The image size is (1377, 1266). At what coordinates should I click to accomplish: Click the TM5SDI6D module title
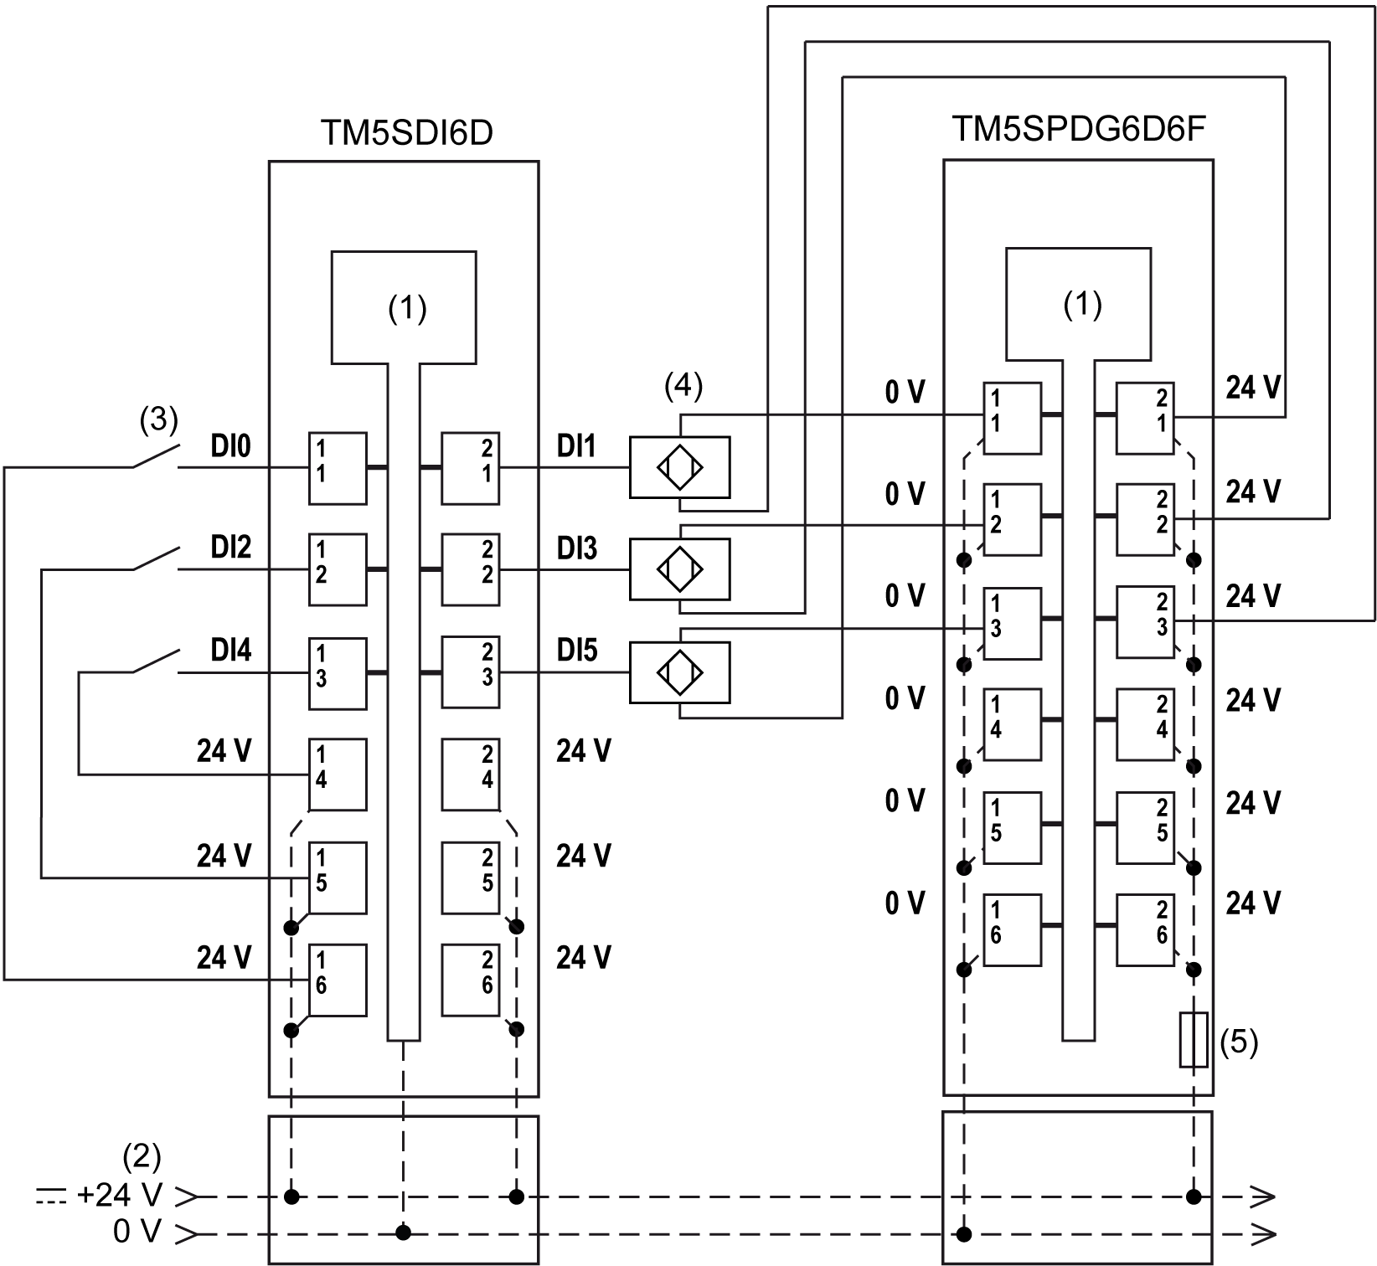pyautogui.click(x=406, y=133)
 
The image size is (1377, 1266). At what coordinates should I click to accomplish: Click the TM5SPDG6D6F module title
pyautogui.click(x=1080, y=130)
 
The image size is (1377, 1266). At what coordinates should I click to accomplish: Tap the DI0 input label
pyautogui.click(x=230, y=447)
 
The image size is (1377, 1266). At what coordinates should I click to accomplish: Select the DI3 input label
pyautogui.click(x=577, y=548)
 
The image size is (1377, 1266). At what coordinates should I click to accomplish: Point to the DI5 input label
pyautogui.click(x=577, y=651)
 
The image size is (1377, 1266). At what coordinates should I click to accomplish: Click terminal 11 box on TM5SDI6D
pyautogui.click(x=338, y=468)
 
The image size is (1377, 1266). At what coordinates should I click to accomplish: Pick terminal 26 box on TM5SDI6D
pyautogui.click(x=471, y=980)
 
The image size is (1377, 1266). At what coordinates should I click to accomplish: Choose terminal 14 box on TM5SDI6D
pyautogui.click(x=338, y=775)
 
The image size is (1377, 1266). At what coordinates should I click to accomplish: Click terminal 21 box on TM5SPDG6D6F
pyautogui.click(x=1145, y=418)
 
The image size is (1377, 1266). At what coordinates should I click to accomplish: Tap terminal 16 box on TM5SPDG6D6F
pyautogui.click(x=1012, y=929)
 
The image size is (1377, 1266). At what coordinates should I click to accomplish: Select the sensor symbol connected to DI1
pyautogui.click(x=679, y=467)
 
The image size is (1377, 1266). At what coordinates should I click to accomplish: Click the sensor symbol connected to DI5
pyautogui.click(x=679, y=672)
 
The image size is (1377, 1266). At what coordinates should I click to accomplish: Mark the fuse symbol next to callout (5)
pyautogui.click(x=1194, y=1039)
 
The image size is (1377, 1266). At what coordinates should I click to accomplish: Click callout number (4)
pyautogui.click(x=683, y=386)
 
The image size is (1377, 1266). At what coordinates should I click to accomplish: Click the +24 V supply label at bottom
pyautogui.click(x=120, y=1196)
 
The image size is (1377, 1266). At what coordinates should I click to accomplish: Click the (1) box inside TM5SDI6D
pyautogui.click(x=404, y=307)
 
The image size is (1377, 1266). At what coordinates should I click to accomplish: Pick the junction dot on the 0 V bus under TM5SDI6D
pyautogui.click(x=404, y=1233)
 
